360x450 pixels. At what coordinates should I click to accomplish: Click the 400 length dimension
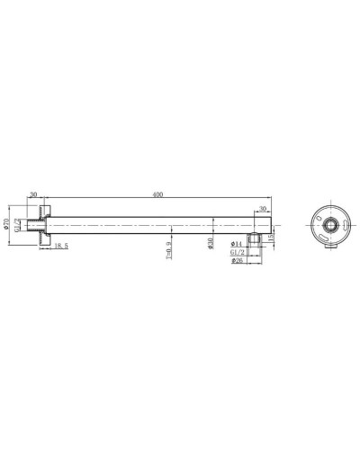158,194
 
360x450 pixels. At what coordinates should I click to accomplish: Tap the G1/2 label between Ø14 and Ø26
238,253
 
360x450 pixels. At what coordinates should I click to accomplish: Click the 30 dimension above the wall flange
34,194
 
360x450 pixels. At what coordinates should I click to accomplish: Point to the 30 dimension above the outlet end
263,208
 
